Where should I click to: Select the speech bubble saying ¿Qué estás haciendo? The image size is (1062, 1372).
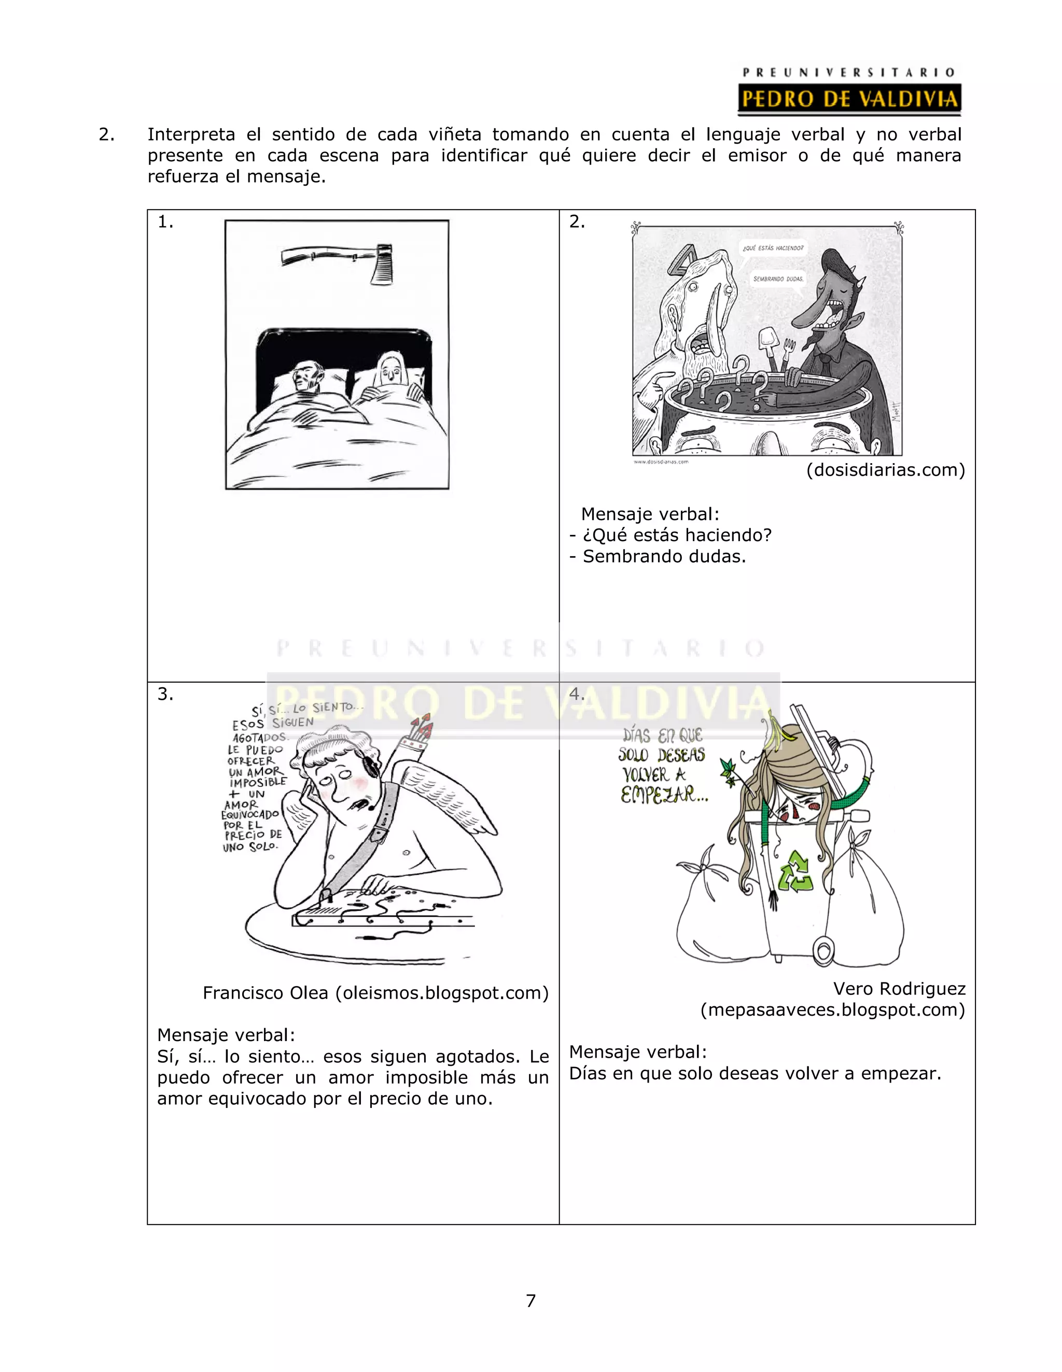coord(773,248)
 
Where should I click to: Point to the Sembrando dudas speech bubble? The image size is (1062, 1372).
coord(777,279)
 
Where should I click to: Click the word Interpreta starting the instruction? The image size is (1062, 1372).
coord(191,134)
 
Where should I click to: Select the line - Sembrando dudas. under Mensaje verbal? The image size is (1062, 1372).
coord(658,556)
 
